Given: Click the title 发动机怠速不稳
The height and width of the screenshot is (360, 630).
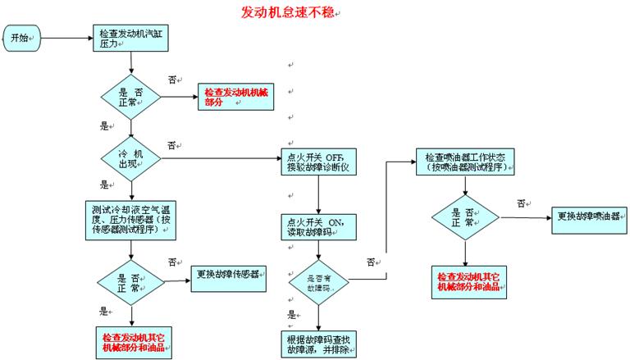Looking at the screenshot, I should (286, 12).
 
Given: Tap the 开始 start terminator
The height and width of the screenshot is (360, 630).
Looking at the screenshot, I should (22, 37).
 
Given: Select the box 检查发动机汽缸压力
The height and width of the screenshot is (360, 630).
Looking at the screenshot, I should (130, 38).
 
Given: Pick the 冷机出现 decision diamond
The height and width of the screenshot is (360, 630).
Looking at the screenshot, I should (131, 157).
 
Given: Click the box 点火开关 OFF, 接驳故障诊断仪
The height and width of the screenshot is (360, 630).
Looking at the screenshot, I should (318, 161).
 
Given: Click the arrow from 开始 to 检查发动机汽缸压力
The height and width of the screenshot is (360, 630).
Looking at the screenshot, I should (66, 37).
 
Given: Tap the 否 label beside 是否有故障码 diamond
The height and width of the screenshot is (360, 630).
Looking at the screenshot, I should (371, 262).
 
